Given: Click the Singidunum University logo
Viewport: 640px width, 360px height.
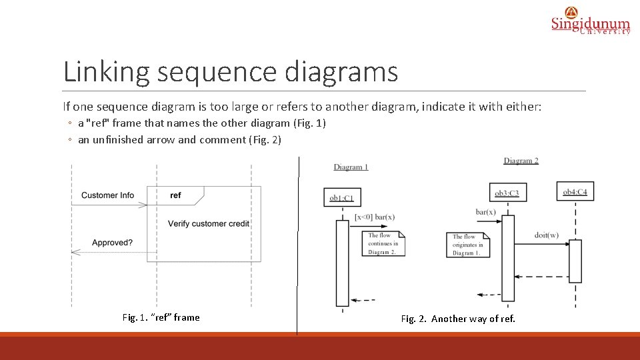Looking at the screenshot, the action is click(590, 21).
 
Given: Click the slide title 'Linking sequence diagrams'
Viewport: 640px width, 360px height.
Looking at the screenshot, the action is click(230, 71).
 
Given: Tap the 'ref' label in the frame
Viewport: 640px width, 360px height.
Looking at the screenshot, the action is click(175, 195).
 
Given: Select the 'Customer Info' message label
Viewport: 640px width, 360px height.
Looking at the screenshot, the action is click(107, 195).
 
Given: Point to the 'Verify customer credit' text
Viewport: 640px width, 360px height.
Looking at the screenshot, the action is click(208, 223).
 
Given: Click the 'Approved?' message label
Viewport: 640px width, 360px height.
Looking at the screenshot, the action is click(112, 243).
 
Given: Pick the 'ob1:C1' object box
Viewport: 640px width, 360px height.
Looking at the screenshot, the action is click(342, 198).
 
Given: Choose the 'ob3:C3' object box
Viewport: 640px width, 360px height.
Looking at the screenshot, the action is click(507, 193).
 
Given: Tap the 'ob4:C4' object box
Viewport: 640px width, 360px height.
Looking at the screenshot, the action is click(575, 192).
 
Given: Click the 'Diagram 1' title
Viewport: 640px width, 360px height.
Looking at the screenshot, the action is click(351, 167).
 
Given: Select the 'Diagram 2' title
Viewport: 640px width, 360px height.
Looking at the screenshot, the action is click(521, 161).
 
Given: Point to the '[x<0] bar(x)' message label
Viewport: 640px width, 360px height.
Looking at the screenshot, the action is click(375, 217).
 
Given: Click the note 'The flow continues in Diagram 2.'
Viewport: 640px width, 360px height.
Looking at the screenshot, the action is click(384, 243).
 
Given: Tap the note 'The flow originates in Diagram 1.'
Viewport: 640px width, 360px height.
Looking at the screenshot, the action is click(467, 245).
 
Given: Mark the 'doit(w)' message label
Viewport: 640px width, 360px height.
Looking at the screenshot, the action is click(547, 235).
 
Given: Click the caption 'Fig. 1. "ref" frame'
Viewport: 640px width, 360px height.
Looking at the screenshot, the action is click(161, 317).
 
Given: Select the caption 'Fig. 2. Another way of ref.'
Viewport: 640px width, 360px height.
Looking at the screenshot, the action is click(458, 319).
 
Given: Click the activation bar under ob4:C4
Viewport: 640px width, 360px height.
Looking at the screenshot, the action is click(575, 261).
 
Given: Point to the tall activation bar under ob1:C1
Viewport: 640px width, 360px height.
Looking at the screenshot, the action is click(342, 263).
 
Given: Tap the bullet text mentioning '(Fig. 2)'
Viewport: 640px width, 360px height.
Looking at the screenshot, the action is click(179, 139).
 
